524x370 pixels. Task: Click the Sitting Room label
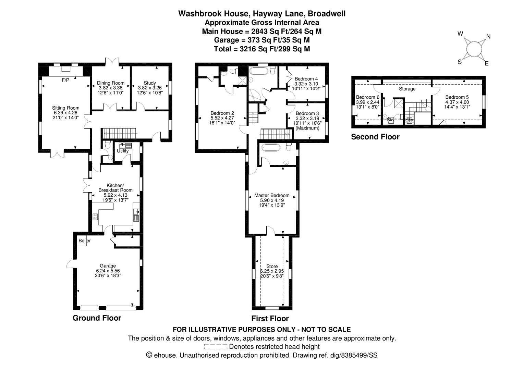click(65, 108)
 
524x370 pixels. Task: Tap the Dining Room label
click(111, 83)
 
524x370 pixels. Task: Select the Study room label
click(150, 83)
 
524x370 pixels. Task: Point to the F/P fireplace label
click(65, 80)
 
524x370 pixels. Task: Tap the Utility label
click(123, 151)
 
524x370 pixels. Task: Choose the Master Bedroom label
click(272, 195)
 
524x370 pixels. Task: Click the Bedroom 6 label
click(367, 97)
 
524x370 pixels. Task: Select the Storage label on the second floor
click(407, 89)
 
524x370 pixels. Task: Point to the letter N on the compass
click(488, 36)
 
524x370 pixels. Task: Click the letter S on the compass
click(460, 62)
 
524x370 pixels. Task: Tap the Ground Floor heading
click(97, 318)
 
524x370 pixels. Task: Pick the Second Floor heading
click(375, 137)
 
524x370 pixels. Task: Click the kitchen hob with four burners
click(95, 217)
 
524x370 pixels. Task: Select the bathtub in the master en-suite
click(271, 147)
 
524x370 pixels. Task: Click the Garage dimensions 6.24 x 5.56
click(108, 271)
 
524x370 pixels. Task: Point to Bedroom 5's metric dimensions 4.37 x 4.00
click(457, 102)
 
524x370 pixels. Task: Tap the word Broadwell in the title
click(326, 14)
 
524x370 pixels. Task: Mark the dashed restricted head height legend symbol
click(215, 347)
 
